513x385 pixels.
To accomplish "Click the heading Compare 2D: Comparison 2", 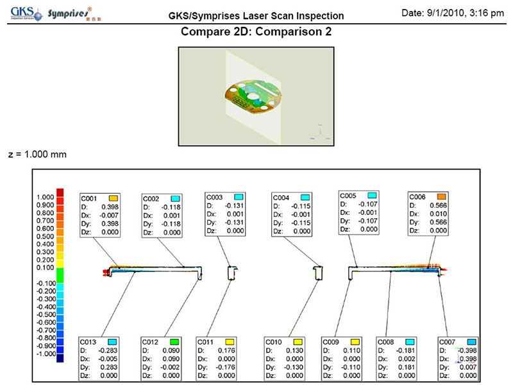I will click(x=256, y=31).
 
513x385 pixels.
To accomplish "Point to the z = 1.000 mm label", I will click(x=38, y=154).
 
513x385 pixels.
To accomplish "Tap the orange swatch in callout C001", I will click(x=113, y=199).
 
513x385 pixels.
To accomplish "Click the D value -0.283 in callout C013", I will click(x=109, y=350).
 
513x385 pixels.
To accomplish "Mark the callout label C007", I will click(x=447, y=342).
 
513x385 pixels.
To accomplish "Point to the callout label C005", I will click(x=348, y=195).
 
